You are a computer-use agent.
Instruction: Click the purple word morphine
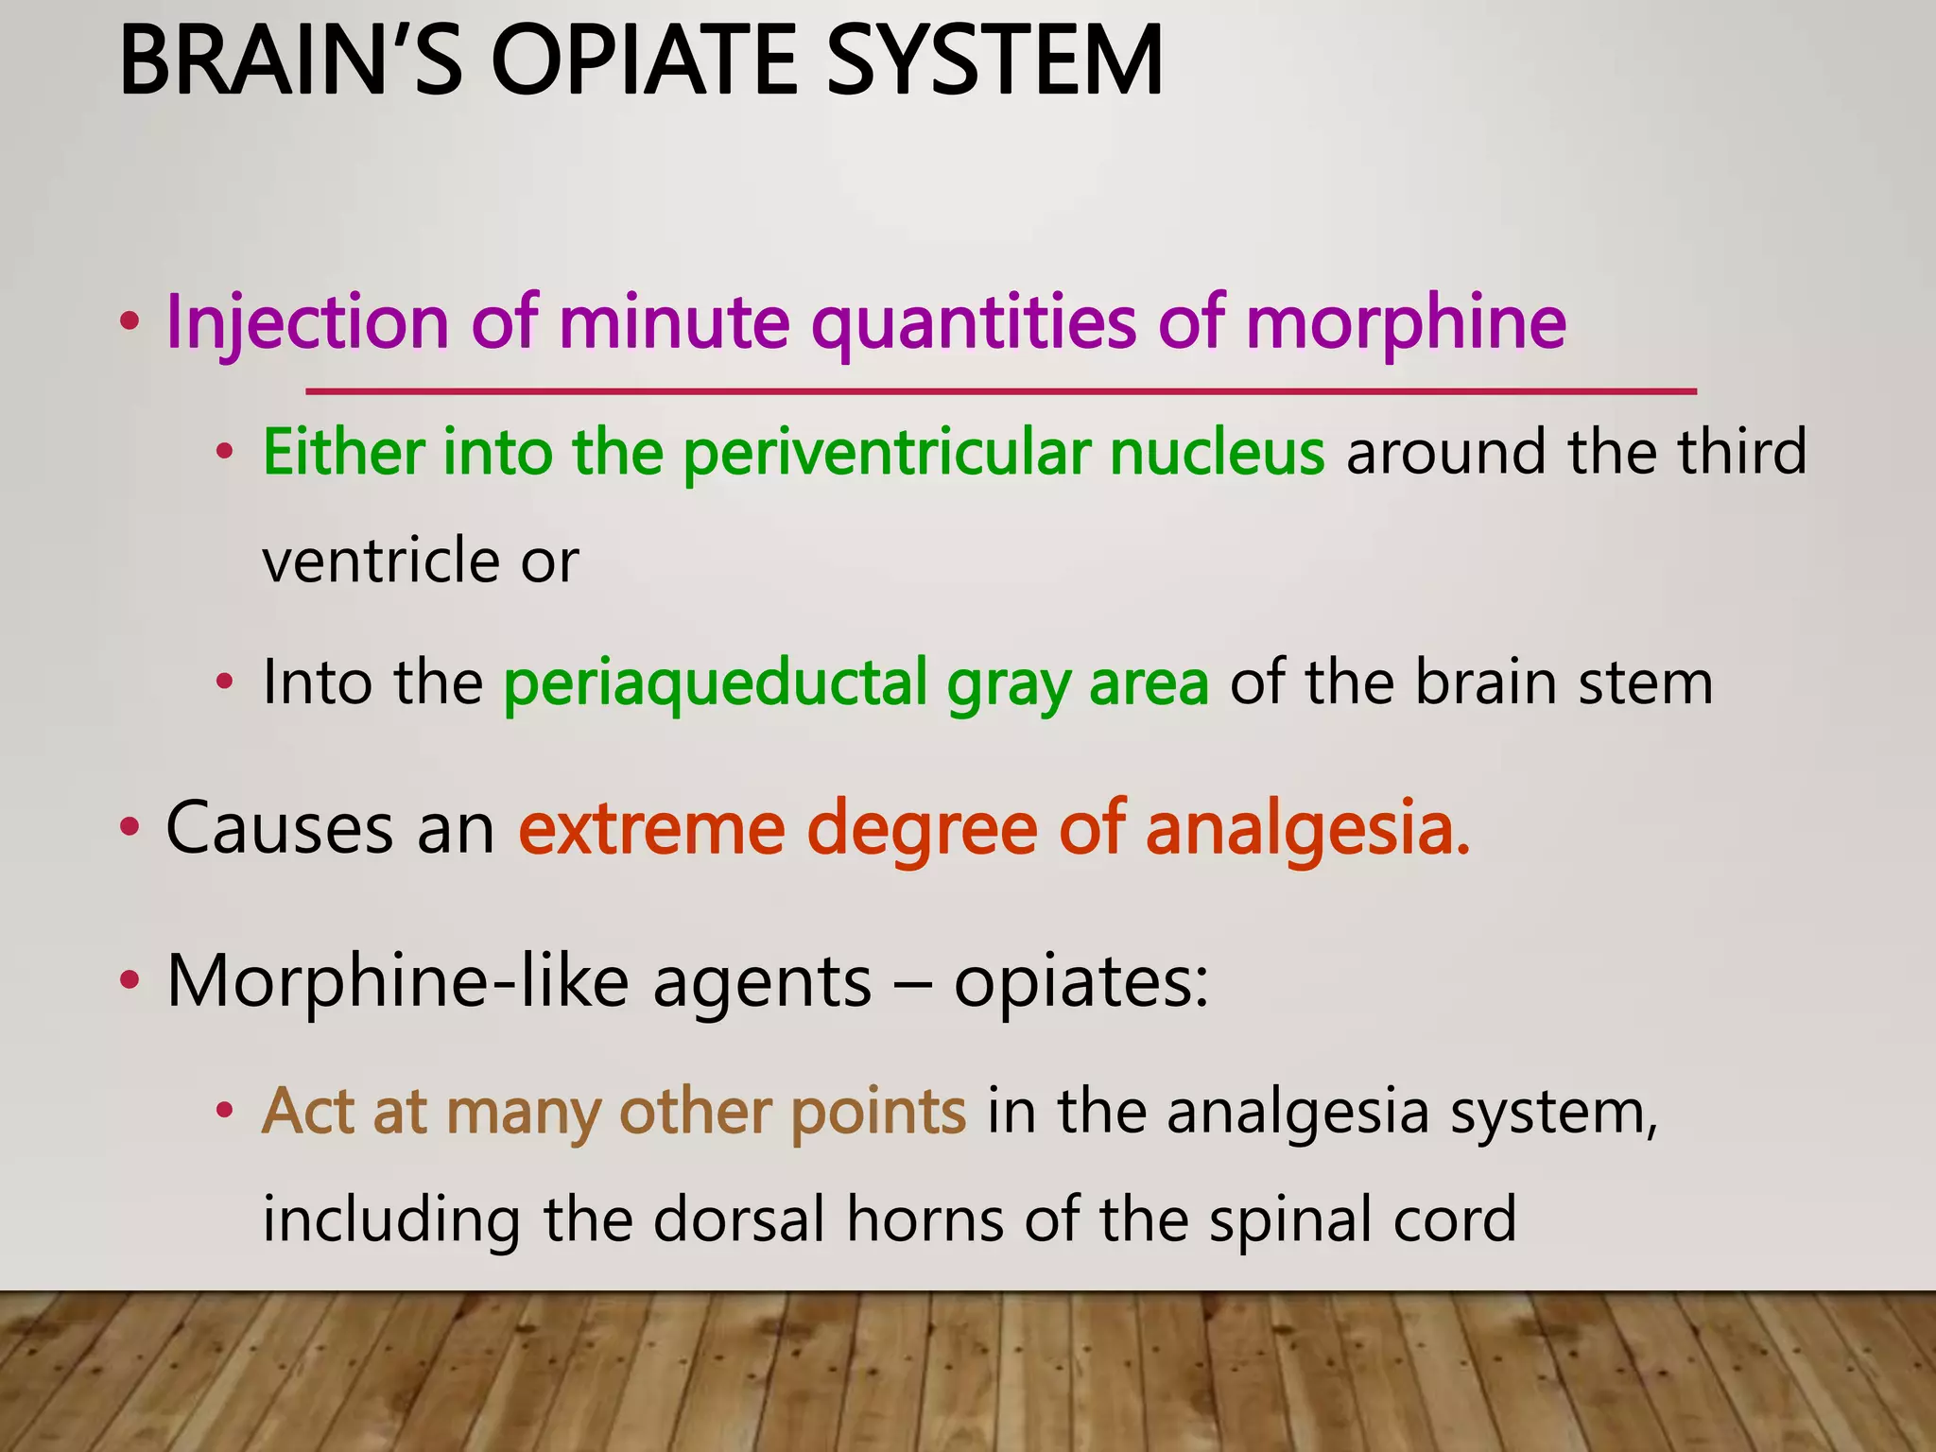coord(1406,323)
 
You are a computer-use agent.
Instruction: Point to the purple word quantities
coord(974,323)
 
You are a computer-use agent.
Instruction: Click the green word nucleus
coord(1218,453)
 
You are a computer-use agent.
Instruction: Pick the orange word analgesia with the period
coord(1308,829)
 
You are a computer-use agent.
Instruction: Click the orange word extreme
coord(651,829)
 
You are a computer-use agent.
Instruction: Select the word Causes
coord(279,829)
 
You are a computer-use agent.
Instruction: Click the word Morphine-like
coord(398,981)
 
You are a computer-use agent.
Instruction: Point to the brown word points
coord(878,1112)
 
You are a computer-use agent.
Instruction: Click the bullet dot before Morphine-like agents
coord(130,981)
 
